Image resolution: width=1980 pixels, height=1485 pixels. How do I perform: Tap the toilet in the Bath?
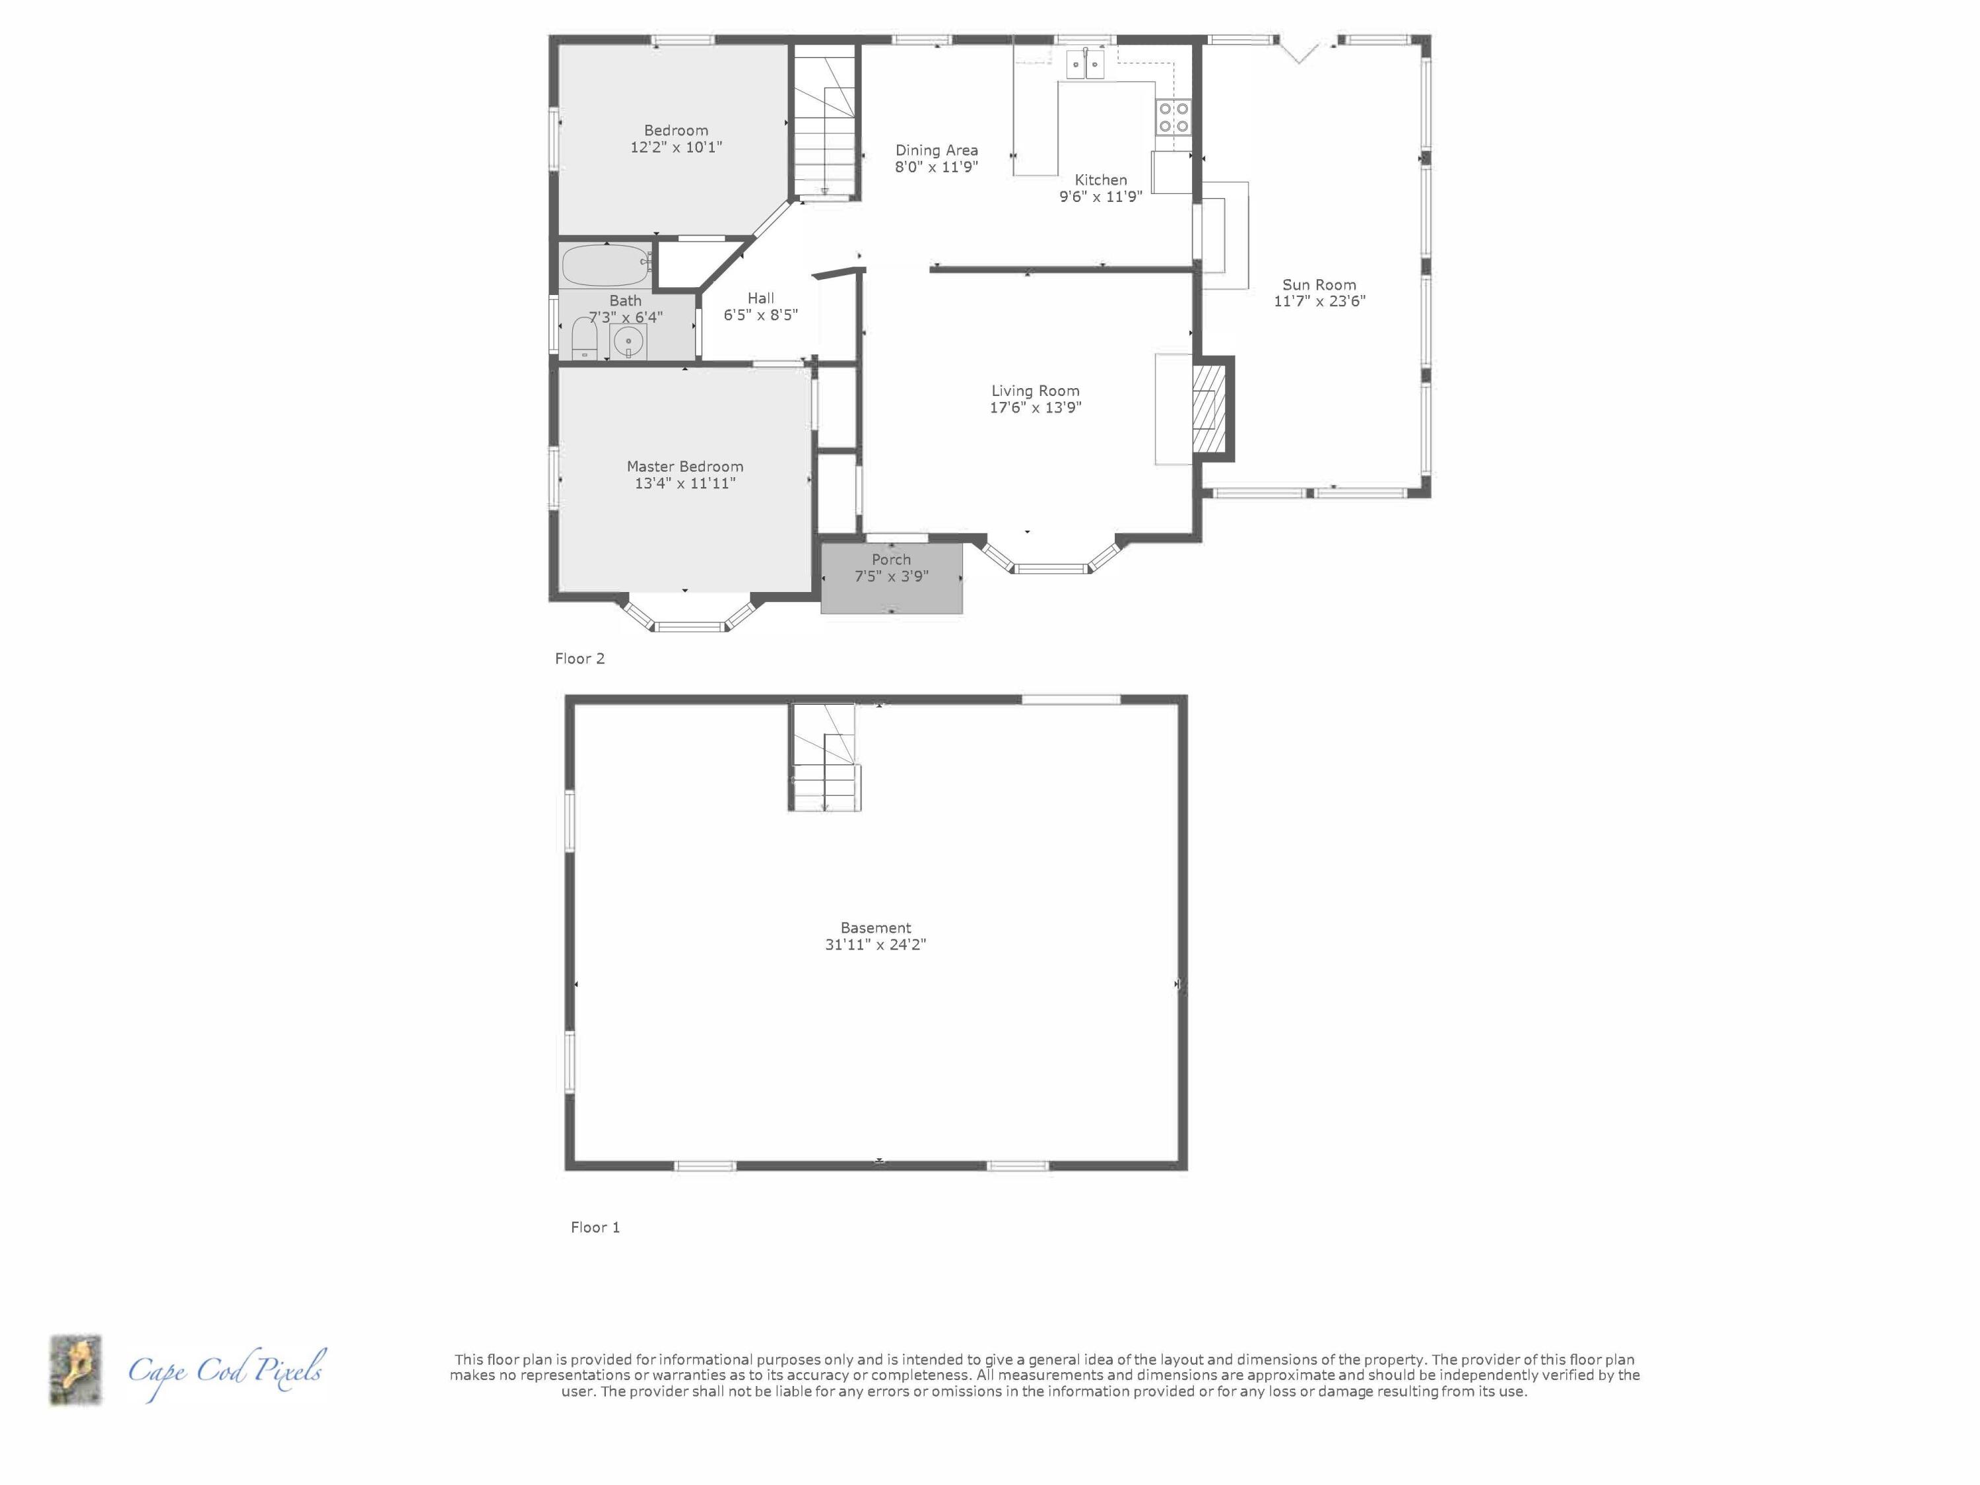tap(583, 340)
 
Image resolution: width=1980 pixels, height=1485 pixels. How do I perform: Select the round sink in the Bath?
tap(629, 341)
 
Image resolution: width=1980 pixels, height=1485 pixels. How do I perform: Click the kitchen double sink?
tap(1085, 65)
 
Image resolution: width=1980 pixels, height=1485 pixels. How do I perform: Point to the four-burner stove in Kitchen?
tap(1173, 116)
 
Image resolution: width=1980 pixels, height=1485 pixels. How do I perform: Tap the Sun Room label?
tap(1319, 284)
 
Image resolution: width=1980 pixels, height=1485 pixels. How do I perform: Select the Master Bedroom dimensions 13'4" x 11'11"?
tap(685, 483)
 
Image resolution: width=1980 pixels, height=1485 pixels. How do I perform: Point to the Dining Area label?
tap(937, 150)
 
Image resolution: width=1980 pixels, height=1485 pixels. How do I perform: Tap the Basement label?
tap(875, 927)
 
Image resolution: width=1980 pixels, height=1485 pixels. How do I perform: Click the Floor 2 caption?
tap(579, 659)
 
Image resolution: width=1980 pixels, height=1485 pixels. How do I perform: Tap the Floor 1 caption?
tap(595, 1227)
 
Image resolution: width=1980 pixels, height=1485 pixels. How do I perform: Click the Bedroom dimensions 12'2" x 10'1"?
tap(676, 147)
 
